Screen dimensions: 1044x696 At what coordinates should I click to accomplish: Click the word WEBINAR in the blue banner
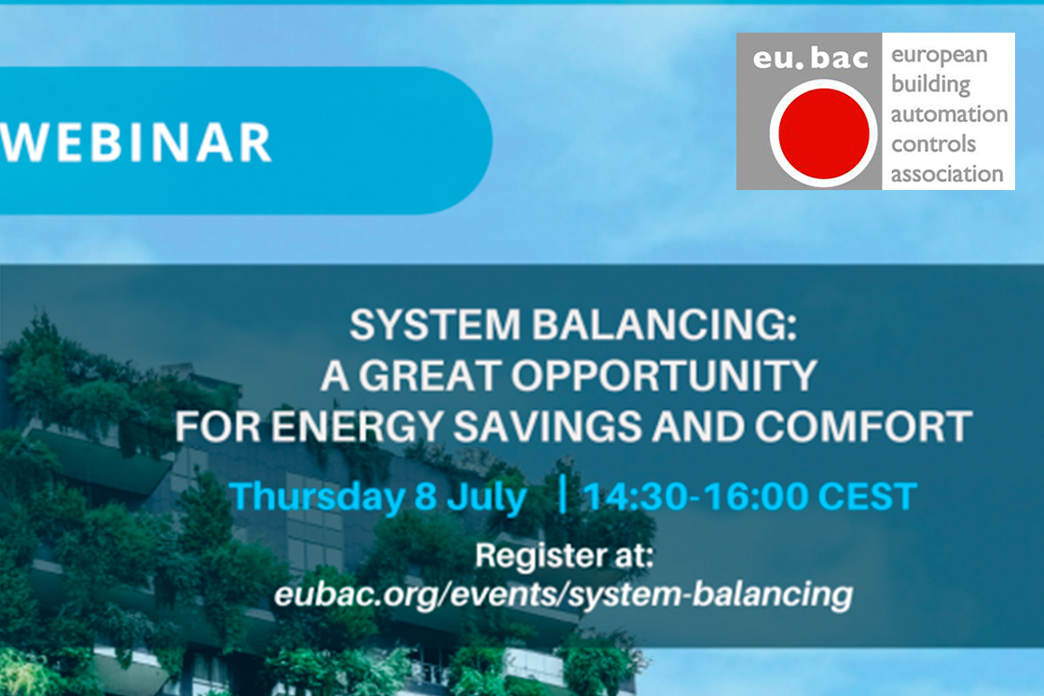pos(136,143)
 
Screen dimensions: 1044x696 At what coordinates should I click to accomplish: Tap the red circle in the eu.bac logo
pos(824,133)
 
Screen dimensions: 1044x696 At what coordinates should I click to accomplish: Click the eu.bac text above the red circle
pos(810,58)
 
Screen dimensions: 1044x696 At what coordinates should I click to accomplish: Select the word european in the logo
pos(939,56)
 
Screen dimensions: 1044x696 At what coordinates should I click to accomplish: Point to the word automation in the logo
pos(949,115)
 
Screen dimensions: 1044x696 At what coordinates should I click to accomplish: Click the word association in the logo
pos(947,173)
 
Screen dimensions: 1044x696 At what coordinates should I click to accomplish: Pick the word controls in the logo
pos(933,143)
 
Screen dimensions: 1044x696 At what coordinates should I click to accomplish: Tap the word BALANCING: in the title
pos(664,325)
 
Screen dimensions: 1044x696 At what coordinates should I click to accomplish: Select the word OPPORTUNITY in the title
pos(664,375)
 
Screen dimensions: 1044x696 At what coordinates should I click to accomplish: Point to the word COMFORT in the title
pos(863,427)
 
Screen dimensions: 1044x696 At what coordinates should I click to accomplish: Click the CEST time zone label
pos(867,497)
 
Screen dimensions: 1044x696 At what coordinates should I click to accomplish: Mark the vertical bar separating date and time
pos(563,494)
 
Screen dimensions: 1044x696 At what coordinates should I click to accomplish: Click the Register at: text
pos(565,555)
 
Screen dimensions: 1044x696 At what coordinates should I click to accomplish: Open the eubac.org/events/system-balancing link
pos(563,594)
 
